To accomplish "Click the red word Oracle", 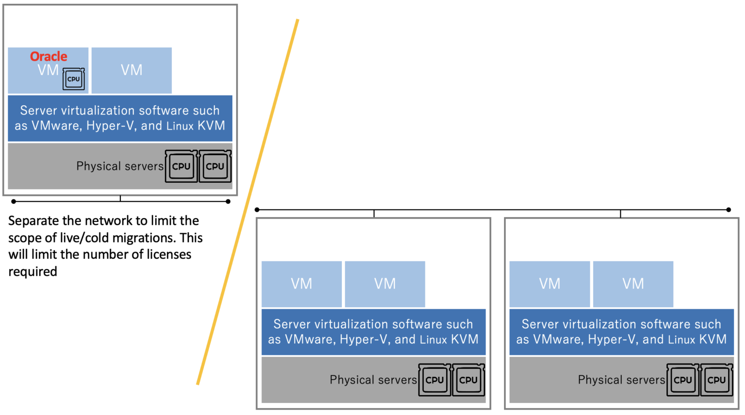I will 49,56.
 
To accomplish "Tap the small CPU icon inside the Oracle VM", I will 74,79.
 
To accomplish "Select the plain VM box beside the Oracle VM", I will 131,70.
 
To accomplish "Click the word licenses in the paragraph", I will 169,255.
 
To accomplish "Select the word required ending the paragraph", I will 32,271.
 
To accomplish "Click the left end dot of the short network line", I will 14,201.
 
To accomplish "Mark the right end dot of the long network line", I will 729,210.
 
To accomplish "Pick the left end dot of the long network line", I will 257,210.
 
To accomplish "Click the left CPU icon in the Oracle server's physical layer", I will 181,166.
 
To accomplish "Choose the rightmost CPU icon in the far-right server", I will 716,380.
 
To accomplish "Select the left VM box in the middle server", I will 302,284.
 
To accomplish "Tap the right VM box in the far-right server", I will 633,284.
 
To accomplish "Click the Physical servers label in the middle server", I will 373,380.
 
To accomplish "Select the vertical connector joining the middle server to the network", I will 374,214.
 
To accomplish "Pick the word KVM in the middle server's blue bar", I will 465,339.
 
